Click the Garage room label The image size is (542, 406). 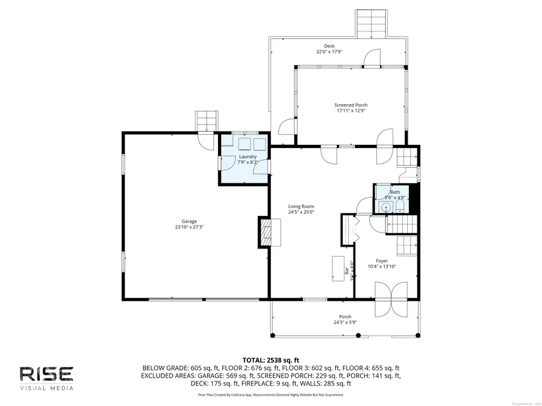click(x=185, y=221)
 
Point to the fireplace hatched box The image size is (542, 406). click(x=266, y=232)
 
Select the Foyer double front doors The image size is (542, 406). click(x=392, y=299)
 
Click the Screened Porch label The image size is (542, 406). click(x=351, y=105)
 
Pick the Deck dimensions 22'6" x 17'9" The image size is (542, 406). click(x=329, y=52)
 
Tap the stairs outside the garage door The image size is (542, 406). click(x=206, y=120)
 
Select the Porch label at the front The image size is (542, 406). click(x=345, y=317)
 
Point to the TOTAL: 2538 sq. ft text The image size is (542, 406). click(x=270, y=359)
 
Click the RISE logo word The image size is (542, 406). click(x=47, y=374)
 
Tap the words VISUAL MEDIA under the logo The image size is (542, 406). click(x=47, y=389)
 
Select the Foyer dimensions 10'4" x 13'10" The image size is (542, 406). click(x=382, y=266)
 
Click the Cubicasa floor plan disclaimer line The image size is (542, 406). click(x=270, y=395)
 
